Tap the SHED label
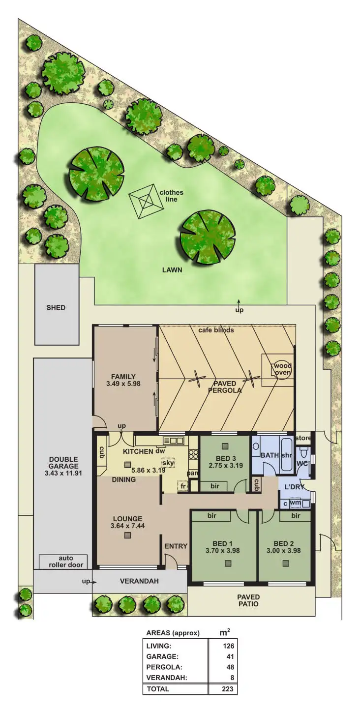56,308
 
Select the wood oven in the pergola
282,369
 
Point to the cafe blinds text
216,330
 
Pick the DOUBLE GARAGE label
63,463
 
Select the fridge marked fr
182,486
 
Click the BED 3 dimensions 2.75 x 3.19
225,465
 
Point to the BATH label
270,455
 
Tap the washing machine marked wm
296,503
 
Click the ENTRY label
176,546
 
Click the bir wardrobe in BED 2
296,516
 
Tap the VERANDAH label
139,581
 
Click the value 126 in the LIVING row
228,646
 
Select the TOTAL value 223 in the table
228,689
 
